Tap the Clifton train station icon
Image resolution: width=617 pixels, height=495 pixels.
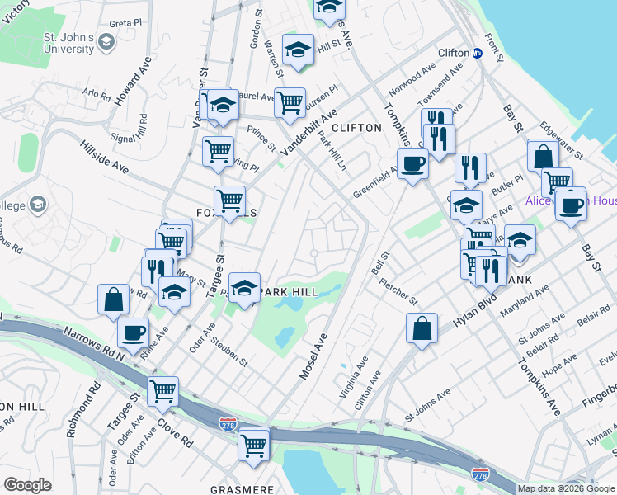click(478, 53)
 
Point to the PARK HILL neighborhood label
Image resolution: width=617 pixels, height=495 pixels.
click(288, 292)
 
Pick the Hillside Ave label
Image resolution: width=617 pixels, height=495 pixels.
click(105, 156)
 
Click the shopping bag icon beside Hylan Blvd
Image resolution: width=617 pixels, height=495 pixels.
click(422, 328)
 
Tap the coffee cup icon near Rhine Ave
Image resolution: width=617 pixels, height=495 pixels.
click(133, 333)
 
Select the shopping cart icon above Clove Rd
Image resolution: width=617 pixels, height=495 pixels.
click(162, 390)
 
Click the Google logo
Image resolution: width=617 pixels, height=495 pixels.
click(28, 485)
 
